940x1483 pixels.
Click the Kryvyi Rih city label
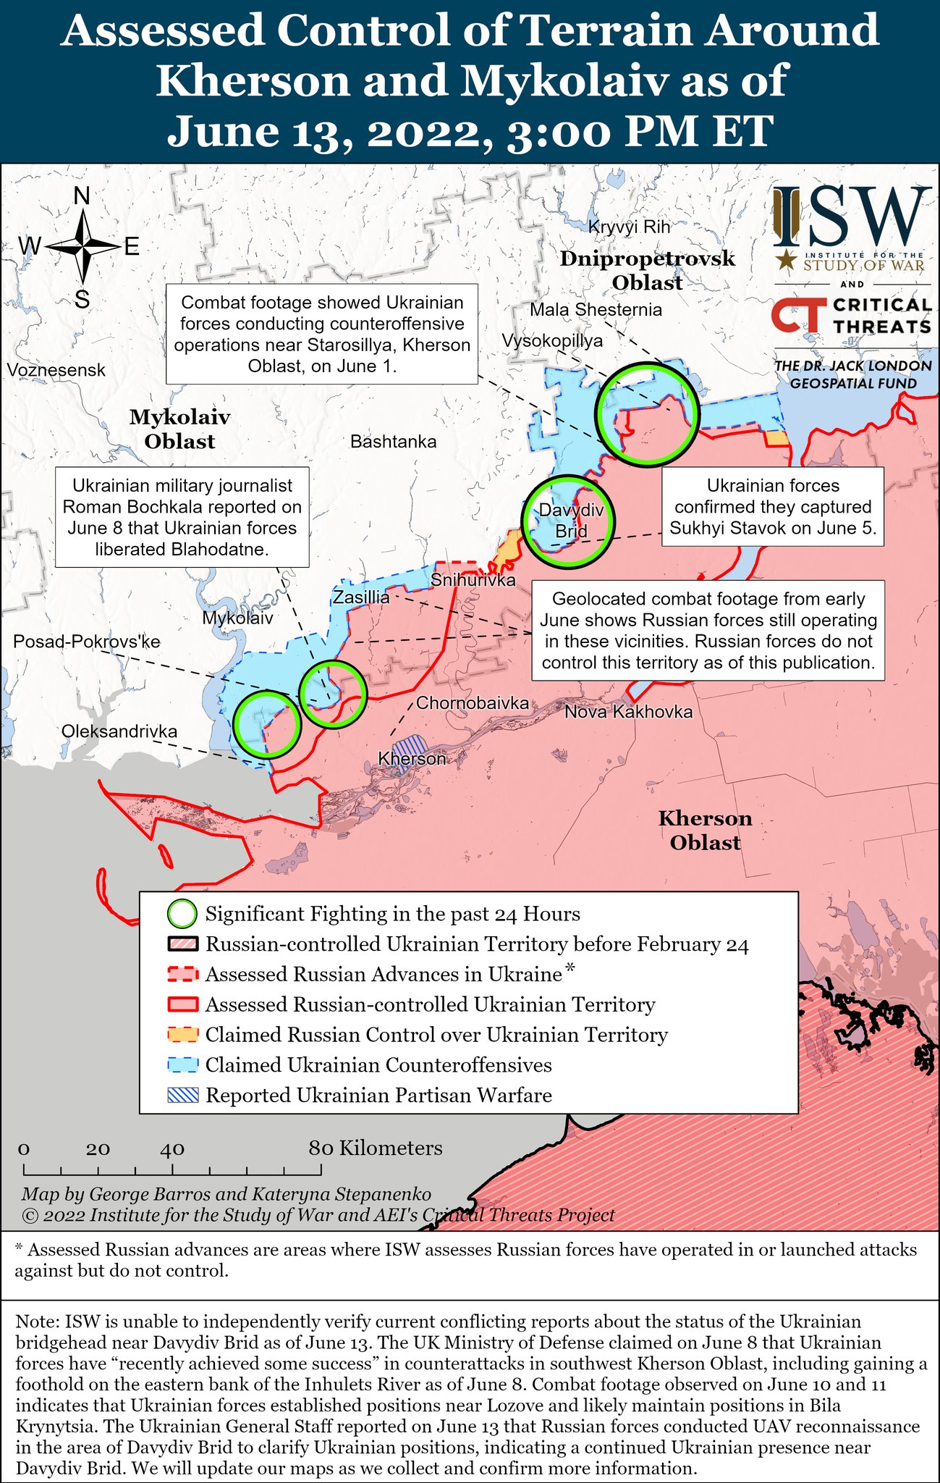click(629, 227)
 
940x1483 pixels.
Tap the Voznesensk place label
click(56, 370)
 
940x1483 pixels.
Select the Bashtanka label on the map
click(393, 441)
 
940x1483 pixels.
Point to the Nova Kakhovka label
click(628, 712)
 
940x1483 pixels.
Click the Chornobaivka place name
click(472, 702)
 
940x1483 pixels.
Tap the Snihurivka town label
click(473, 580)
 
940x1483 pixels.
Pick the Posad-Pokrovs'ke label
click(87, 642)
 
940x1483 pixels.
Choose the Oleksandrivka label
click(119, 731)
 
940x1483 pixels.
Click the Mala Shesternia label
click(596, 310)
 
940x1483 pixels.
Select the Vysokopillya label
click(552, 340)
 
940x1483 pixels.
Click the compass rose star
click(82, 247)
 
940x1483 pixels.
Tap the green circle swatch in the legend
click(182, 914)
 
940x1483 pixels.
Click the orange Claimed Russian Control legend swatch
click(182, 1035)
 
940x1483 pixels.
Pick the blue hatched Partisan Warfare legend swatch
click(182, 1095)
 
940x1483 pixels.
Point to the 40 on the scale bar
click(172, 1148)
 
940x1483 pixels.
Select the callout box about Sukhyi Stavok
click(773, 507)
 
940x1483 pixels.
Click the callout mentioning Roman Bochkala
click(182, 517)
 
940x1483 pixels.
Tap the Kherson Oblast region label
click(705, 831)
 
